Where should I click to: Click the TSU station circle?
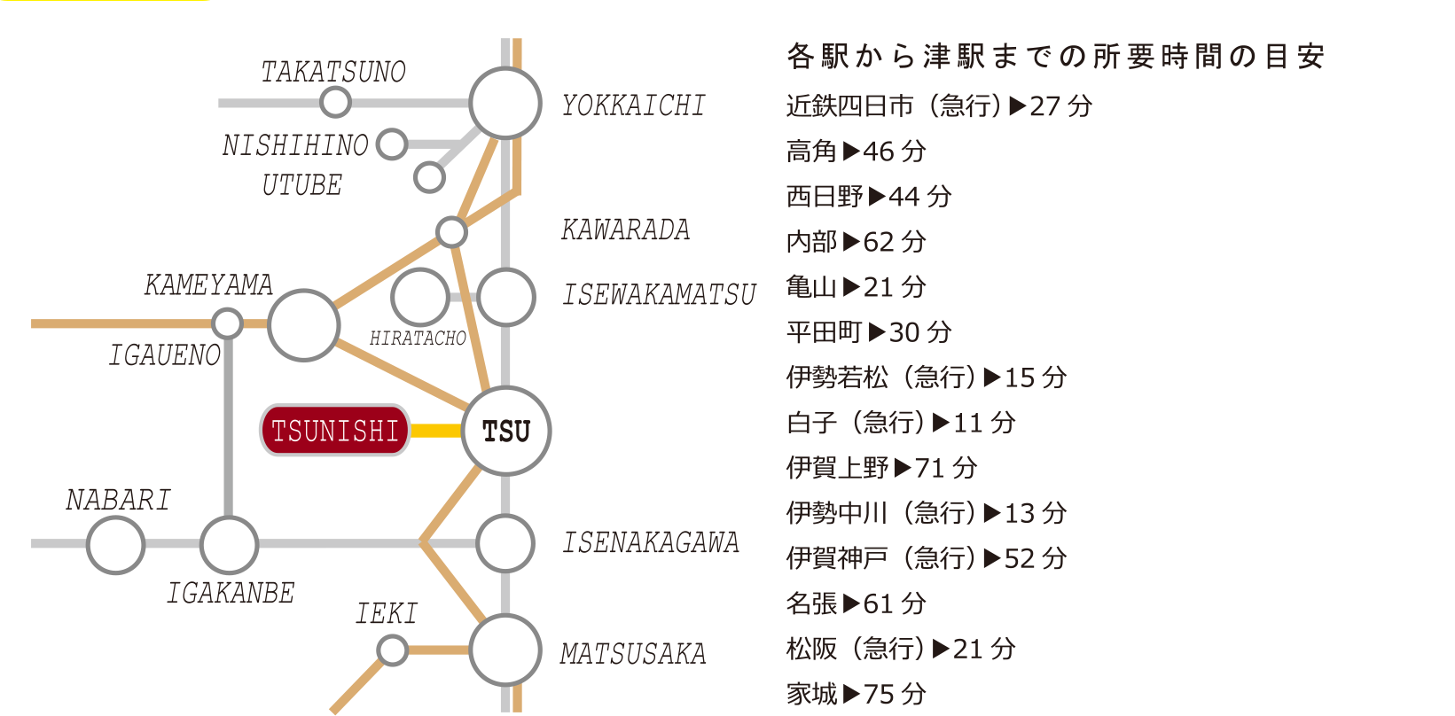point(506,432)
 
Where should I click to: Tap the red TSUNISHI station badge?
point(335,431)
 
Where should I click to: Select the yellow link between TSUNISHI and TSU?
point(436,432)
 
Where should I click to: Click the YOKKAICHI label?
point(634,105)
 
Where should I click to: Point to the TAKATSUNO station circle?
point(335,103)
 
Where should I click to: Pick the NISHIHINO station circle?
point(392,144)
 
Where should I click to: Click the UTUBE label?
point(301,185)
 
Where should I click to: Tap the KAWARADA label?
point(625,230)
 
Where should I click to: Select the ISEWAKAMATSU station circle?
point(506,297)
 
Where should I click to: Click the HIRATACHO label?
point(418,339)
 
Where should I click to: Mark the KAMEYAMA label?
point(208,284)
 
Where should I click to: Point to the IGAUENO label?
point(164,355)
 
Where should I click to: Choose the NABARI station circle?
point(116,544)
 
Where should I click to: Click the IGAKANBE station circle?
point(229,544)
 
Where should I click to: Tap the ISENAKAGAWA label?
point(651,542)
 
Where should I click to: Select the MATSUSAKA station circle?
point(505,650)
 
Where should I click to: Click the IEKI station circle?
point(392,650)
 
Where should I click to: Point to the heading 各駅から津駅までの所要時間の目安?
point(1055,57)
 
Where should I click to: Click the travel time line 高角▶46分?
point(856,152)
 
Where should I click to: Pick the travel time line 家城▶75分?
point(856,694)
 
